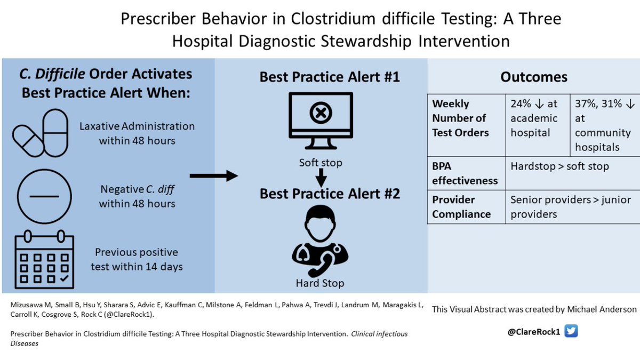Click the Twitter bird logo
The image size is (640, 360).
[571, 331]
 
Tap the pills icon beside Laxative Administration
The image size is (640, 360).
[41, 133]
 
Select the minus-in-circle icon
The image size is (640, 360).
[44, 196]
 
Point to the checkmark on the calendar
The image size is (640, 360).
[65, 278]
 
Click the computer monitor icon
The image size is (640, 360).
[321, 121]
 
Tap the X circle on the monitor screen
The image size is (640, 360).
[321, 113]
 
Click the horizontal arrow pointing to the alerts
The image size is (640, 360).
[214, 175]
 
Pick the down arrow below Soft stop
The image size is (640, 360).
[321, 178]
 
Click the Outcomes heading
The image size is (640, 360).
[534, 77]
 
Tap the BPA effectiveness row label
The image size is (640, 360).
[465, 173]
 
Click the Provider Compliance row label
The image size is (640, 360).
[461, 207]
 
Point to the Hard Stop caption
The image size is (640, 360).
[320, 283]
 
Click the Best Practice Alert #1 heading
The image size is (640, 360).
[330, 77]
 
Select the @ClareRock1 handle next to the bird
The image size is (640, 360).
[534, 332]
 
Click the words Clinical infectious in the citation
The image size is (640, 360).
[379, 334]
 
